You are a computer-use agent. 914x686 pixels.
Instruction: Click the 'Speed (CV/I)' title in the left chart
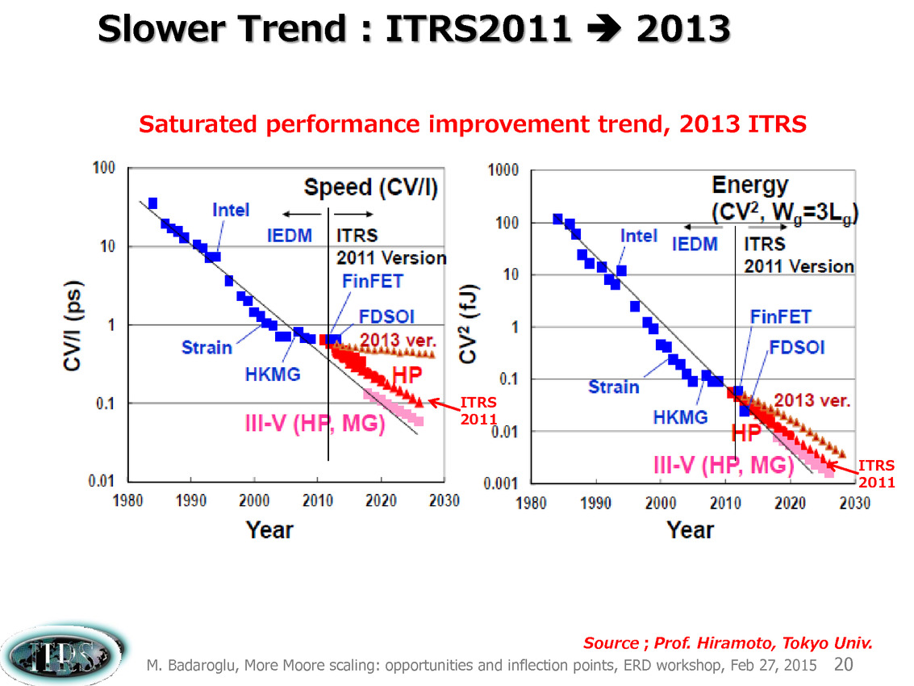pyautogui.click(x=370, y=188)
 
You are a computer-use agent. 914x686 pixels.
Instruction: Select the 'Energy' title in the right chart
pyautogui.click(x=750, y=186)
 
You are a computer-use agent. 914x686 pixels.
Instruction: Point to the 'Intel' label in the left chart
pyautogui.click(x=231, y=210)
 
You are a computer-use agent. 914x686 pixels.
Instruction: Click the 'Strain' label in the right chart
pyautogui.click(x=614, y=387)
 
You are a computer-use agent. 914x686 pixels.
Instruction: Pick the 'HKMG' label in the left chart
pyautogui.click(x=273, y=374)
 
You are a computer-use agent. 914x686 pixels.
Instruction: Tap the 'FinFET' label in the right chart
pyautogui.click(x=779, y=316)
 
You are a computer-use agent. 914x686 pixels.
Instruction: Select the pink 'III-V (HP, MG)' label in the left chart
pyautogui.click(x=315, y=423)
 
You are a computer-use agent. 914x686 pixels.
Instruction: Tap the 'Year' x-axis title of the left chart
pyautogui.click(x=269, y=529)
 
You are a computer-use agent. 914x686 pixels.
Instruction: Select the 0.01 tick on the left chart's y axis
pyautogui.click(x=100, y=482)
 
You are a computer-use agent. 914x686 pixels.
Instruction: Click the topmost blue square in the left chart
pyautogui.click(x=152, y=203)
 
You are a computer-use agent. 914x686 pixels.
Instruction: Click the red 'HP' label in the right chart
pyautogui.click(x=746, y=433)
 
